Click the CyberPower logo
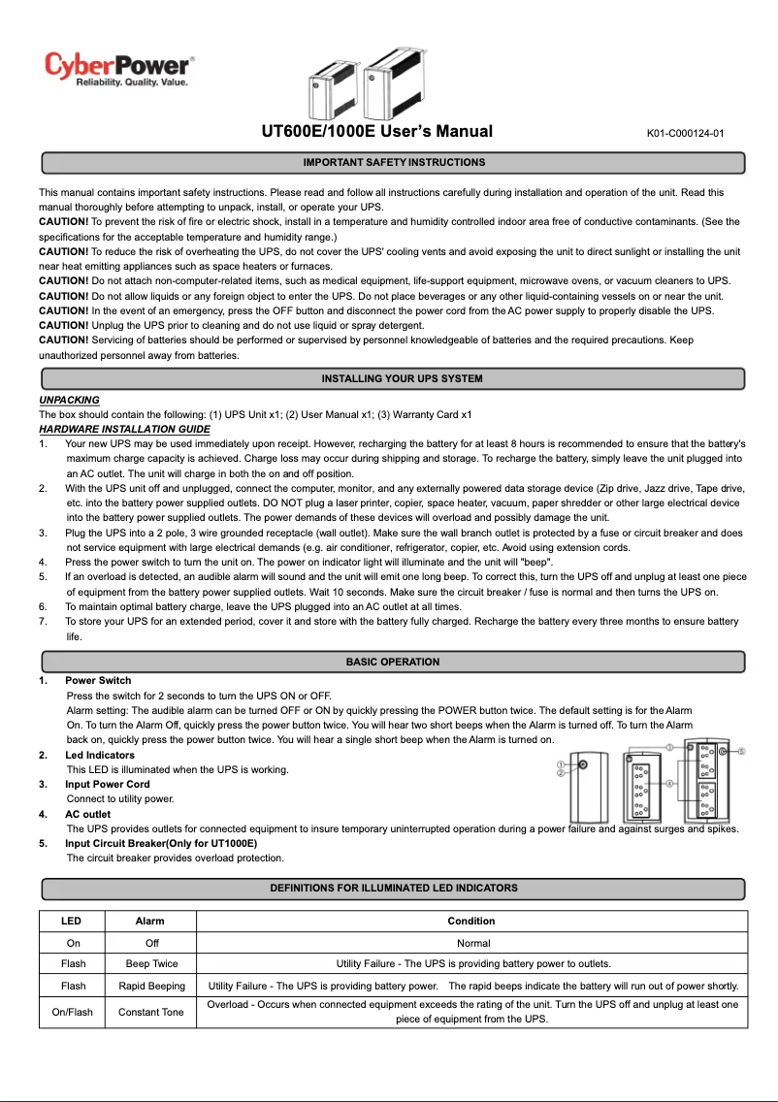pyautogui.click(x=119, y=69)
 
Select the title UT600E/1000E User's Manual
pyautogui.click(x=377, y=132)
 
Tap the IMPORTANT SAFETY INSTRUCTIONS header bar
pyautogui.click(x=393, y=162)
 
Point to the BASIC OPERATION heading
pyautogui.click(x=393, y=662)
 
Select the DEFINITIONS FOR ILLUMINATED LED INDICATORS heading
pyautogui.click(x=393, y=888)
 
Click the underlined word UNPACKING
pyautogui.click(x=69, y=400)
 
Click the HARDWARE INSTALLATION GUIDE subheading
pyautogui.click(x=124, y=429)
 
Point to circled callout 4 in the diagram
pyautogui.click(x=669, y=782)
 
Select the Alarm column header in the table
pyautogui.click(x=150, y=921)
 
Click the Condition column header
pyautogui.click(x=471, y=921)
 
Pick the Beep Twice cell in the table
pyautogui.click(x=151, y=963)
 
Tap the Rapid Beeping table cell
pyautogui.click(x=151, y=986)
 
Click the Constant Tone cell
pyautogui.click(x=151, y=1012)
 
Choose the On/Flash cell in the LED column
pyautogui.click(x=73, y=1012)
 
